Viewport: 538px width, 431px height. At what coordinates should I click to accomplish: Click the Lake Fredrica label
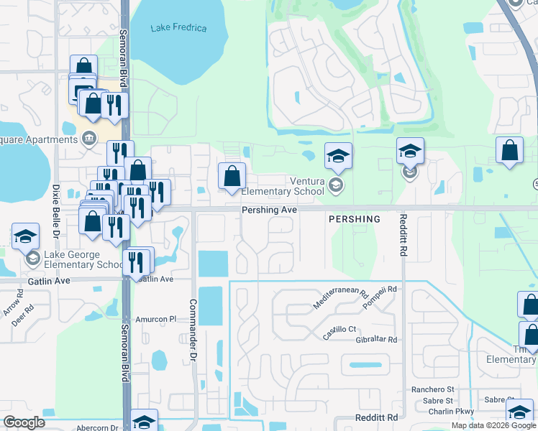pos(178,28)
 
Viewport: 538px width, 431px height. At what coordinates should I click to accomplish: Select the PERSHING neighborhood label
pos(354,218)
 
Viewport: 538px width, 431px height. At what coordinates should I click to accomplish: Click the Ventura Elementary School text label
pos(282,186)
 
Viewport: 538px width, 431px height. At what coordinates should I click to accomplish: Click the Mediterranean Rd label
pos(341,300)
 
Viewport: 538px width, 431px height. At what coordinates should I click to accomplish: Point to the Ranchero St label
pos(432,389)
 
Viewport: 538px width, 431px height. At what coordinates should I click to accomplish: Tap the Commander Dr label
pos(192,330)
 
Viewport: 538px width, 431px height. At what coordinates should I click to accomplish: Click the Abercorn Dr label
pos(97,427)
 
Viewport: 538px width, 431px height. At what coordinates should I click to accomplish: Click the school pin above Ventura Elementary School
pos(338,156)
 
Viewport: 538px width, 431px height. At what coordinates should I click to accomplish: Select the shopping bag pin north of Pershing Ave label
pos(232,176)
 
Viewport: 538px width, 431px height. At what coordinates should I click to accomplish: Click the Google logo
pos(24,422)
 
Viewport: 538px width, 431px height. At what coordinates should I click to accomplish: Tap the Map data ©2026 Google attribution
pos(493,425)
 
